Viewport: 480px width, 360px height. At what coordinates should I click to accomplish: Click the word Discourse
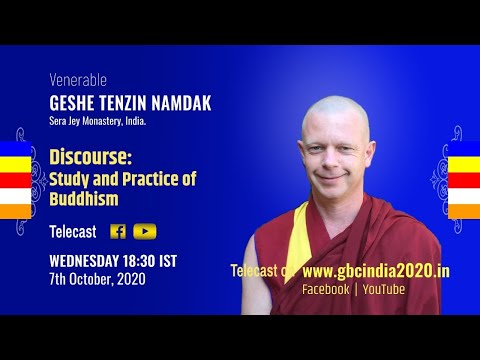click(x=88, y=158)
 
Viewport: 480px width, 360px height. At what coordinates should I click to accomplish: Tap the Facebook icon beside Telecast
click(x=118, y=231)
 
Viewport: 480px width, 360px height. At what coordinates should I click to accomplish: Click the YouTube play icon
click(x=145, y=231)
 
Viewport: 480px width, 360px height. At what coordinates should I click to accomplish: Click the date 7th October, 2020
click(x=97, y=279)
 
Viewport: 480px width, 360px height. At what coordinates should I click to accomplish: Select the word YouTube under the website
click(x=383, y=289)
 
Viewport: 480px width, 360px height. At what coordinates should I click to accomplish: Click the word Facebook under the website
click(x=326, y=289)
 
